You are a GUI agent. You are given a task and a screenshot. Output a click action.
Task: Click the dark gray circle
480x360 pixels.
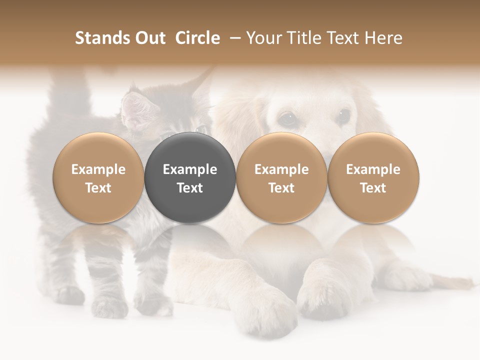pyautogui.click(x=190, y=177)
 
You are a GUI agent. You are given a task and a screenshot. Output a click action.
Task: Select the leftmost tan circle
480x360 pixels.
pyautogui.click(x=98, y=177)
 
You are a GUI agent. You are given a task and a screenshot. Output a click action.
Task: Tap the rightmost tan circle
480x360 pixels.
pyautogui.click(x=373, y=177)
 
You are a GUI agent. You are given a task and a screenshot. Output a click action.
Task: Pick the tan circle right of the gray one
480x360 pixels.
pyautogui.click(x=281, y=177)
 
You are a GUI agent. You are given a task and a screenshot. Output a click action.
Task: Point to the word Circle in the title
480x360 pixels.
pyautogui.click(x=197, y=38)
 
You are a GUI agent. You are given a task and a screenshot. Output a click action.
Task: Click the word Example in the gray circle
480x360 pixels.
pyautogui.click(x=190, y=169)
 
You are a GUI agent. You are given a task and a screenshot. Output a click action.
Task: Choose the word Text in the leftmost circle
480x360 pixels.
pyautogui.click(x=98, y=188)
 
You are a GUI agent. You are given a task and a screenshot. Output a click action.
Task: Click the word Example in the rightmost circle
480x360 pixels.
pyautogui.click(x=373, y=169)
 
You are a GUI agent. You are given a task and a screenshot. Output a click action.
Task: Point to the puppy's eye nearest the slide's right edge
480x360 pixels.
pyautogui.click(x=343, y=116)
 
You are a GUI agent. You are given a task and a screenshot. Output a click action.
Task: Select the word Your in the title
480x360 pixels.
pyautogui.click(x=263, y=38)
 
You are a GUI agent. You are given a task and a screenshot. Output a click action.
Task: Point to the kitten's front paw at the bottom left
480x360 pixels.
pyautogui.click(x=70, y=295)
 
